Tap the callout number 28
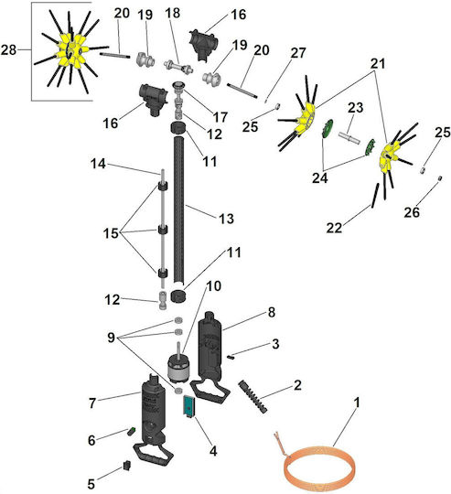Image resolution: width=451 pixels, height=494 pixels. (x=8, y=49)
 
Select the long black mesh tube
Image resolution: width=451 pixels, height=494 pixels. (x=179, y=209)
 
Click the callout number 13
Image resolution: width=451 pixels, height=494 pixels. (x=226, y=219)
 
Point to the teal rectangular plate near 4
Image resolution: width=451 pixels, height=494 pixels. (x=188, y=405)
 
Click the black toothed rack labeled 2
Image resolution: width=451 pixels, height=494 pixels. (x=253, y=396)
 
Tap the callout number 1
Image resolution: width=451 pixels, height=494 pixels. (x=356, y=403)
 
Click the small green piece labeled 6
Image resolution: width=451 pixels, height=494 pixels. (x=131, y=431)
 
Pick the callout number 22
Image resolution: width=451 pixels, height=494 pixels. (x=334, y=228)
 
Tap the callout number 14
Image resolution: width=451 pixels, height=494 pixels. (x=98, y=164)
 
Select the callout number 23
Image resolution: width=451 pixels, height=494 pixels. (x=356, y=108)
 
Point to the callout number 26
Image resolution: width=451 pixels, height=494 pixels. (x=412, y=212)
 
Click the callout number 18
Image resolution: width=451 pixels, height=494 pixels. (x=173, y=13)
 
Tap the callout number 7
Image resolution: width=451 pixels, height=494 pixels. (x=92, y=403)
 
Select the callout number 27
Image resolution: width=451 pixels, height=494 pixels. (x=298, y=53)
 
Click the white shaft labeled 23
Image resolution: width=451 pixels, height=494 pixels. (x=349, y=137)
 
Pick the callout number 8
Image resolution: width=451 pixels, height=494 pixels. (x=272, y=312)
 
